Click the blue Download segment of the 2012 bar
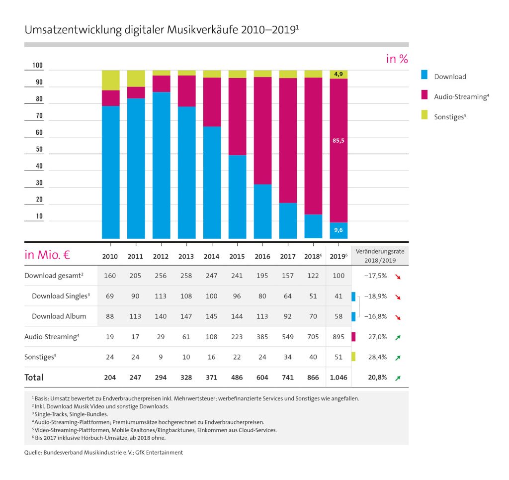pos(161,164)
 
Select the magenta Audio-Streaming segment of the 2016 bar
pos(262,130)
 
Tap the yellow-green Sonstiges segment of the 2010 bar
pos(110,80)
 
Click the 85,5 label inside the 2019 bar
pos(339,141)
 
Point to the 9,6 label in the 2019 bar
pos(339,230)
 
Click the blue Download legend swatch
pos(424,76)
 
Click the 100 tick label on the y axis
pos(38,66)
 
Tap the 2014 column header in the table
pos(211,257)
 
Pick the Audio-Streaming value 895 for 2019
pos(339,337)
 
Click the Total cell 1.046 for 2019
pos(339,378)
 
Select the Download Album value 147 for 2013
pos(186,316)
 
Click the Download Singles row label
pos(61,296)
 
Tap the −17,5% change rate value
pos(376,276)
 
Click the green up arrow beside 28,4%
pos(398,357)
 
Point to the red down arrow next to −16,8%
pos(398,317)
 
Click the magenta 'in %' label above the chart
pos(397,59)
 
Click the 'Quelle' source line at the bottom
pos(103,453)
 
